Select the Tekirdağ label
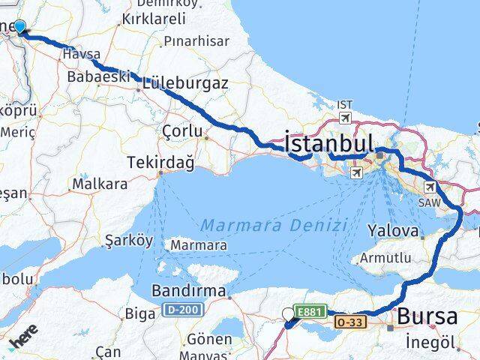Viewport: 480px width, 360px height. (160, 162)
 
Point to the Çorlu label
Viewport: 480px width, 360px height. (182, 131)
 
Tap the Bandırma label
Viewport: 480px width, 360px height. (188, 289)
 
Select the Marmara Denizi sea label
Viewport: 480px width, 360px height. (274, 225)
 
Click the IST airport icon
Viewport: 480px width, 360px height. (344, 118)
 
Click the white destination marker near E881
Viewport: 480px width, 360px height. (289, 315)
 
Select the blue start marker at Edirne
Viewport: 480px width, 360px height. (19, 28)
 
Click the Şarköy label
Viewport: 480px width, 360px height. (129, 241)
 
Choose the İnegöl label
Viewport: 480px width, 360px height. (430, 342)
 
